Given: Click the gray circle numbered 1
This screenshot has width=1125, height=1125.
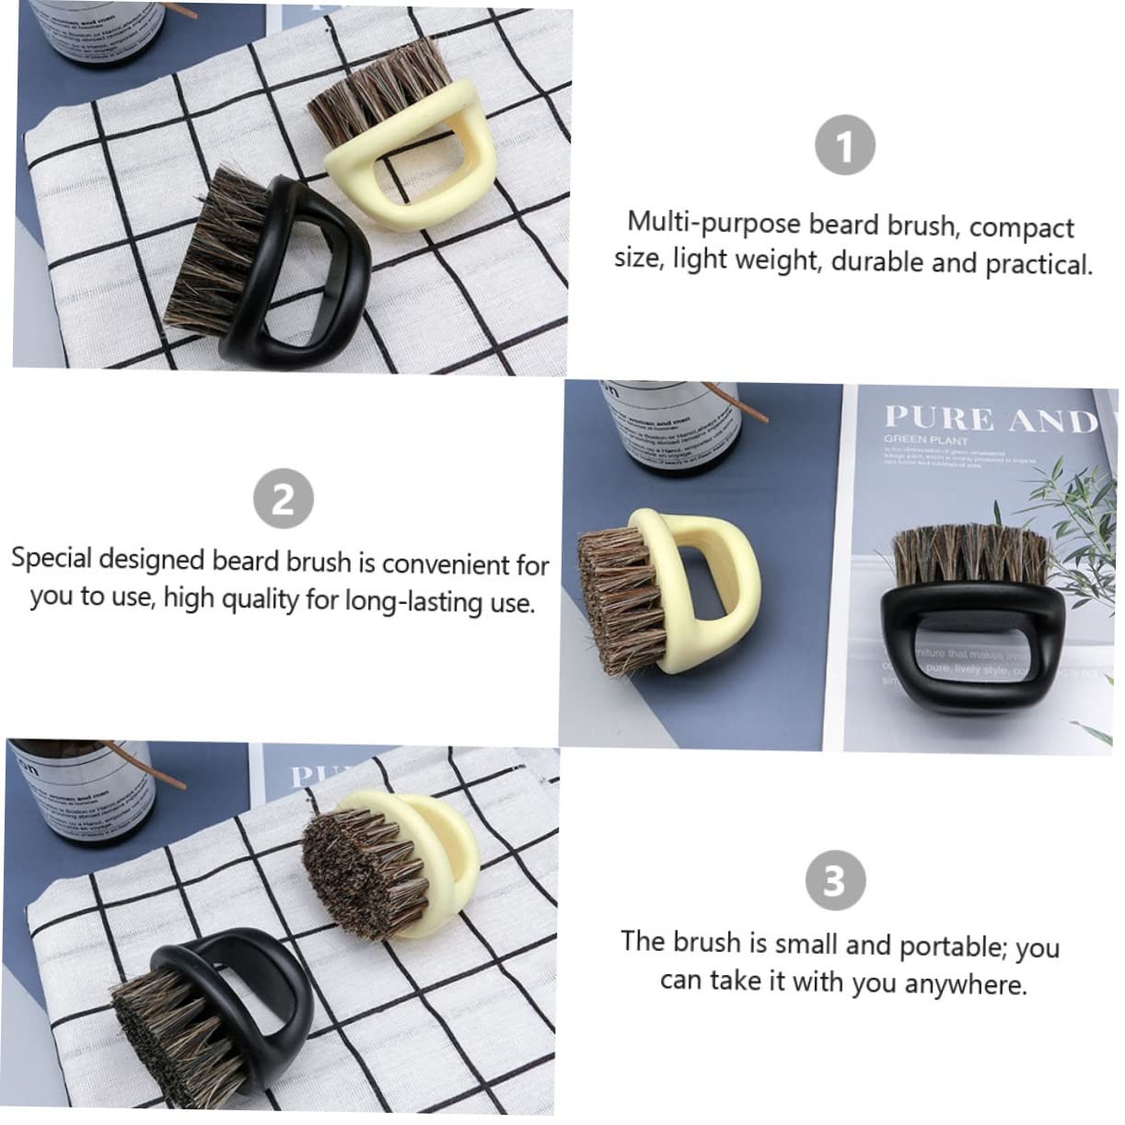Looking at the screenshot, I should click(844, 148).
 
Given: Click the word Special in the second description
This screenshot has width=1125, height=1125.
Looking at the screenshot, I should click(52, 558).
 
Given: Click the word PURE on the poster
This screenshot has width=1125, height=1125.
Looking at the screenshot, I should click(938, 419).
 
